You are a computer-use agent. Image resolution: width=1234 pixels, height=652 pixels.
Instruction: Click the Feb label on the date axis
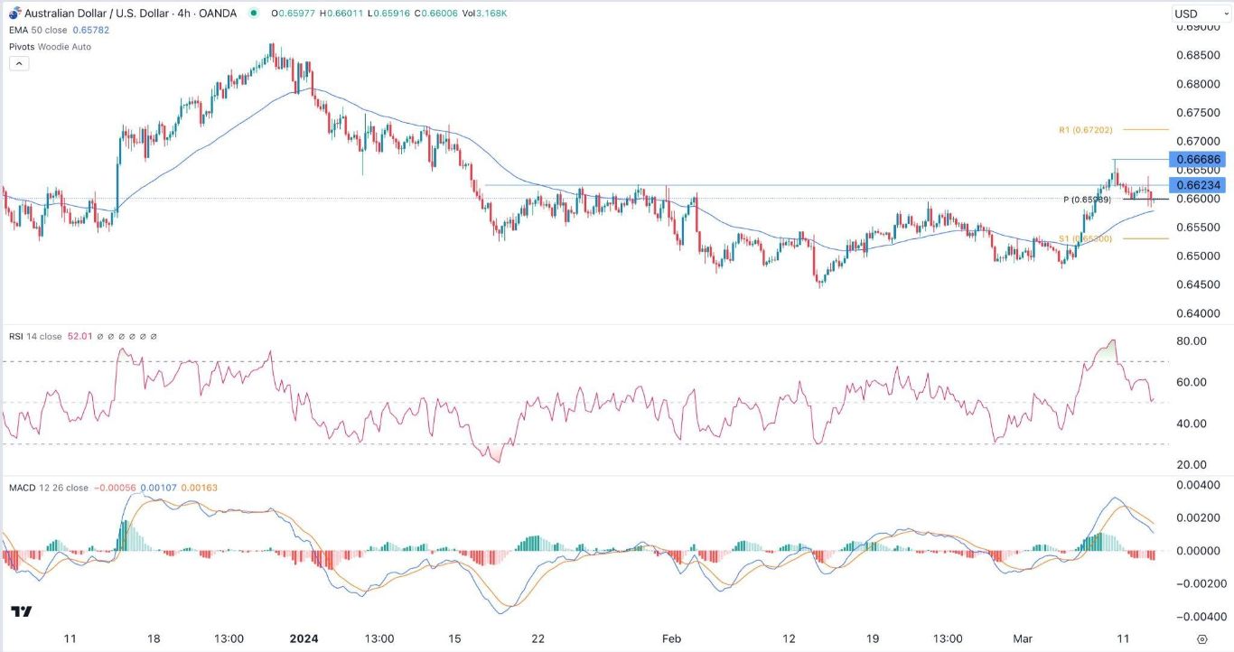(x=671, y=638)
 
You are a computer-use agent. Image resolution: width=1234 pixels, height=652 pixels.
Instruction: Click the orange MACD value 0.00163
(x=200, y=488)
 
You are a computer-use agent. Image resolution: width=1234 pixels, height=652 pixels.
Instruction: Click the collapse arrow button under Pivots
(x=18, y=64)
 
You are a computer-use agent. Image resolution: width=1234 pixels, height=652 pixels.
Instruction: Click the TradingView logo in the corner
(x=22, y=612)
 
